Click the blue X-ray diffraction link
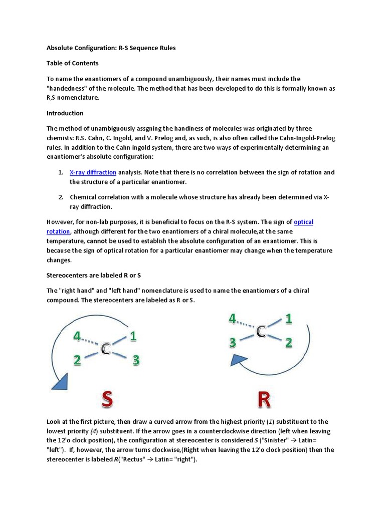click(x=93, y=172)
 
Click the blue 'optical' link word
click(x=303, y=222)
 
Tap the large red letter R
click(x=264, y=400)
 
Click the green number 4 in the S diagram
click(x=77, y=337)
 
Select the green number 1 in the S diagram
click(x=133, y=337)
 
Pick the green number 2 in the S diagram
click(x=77, y=361)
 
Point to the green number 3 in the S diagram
click(x=136, y=360)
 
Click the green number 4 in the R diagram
click(x=233, y=319)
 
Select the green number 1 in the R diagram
click(x=289, y=318)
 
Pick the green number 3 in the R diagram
click(x=233, y=343)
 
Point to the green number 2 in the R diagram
click(x=289, y=343)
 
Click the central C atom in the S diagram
click(x=105, y=349)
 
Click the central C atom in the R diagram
click(x=261, y=331)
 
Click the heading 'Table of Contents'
click(x=72, y=63)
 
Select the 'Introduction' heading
click(x=65, y=113)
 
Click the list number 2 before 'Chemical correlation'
click(x=60, y=197)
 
